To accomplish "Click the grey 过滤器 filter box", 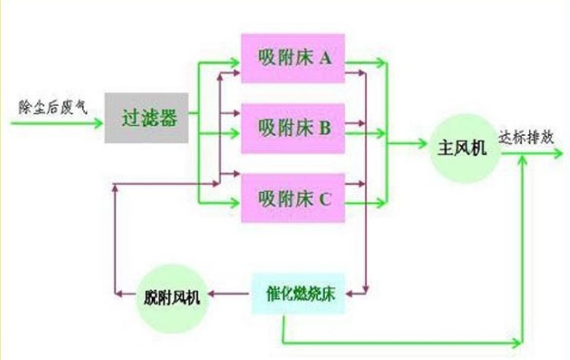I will pos(146,117).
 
